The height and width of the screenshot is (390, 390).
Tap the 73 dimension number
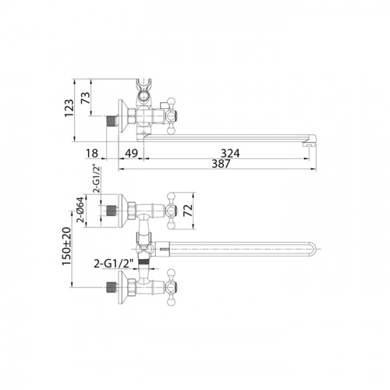point(86,97)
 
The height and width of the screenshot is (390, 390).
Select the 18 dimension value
point(92,153)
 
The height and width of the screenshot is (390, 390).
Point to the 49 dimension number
point(131,153)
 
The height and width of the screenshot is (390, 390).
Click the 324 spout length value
point(230,153)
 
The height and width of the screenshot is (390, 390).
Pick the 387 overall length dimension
point(222,164)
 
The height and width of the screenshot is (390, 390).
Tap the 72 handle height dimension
point(188,211)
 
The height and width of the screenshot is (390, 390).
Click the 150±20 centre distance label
point(66,246)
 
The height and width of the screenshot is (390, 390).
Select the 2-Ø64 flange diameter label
point(81,210)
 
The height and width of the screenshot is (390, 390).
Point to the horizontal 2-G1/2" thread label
point(114,264)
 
